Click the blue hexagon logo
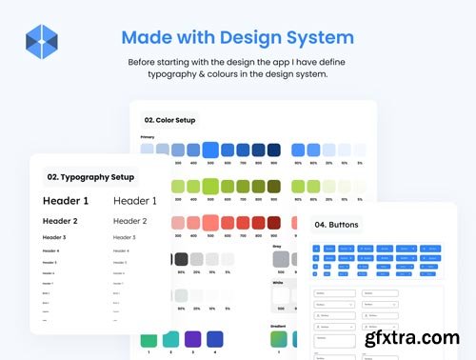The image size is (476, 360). [42, 42]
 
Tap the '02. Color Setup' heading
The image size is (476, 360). [170, 120]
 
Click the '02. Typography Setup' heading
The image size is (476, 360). [89, 177]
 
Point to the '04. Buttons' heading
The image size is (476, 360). [338, 226]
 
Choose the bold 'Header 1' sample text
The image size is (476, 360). [66, 201]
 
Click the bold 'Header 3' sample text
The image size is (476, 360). [54, 237]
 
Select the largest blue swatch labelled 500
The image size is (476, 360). [210, 150]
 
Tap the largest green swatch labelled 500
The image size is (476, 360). [210, 187]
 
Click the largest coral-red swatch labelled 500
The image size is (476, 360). [210, 224]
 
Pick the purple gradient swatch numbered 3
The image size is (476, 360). [191, 339]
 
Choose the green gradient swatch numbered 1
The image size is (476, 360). [148, 339]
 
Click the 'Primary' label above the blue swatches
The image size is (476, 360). [148, 137]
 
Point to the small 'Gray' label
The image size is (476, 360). [277, 246]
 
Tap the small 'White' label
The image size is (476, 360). [278, 283]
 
